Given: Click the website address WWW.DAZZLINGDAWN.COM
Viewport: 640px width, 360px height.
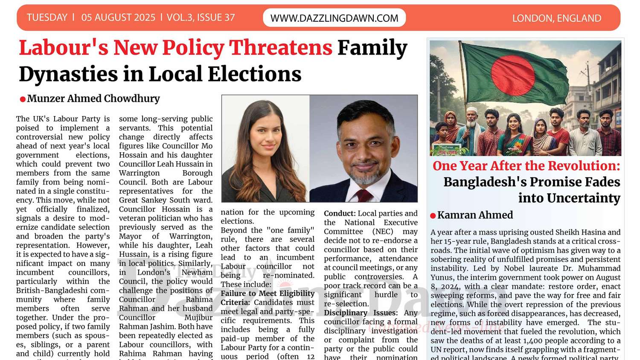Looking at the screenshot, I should tap(334, 18).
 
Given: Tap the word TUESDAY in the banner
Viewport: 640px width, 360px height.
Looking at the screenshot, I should tap(47, 17).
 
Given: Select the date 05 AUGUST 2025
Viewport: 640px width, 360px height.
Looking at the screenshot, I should tap(118, 17).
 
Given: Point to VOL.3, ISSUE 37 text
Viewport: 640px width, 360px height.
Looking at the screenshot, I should tap(201, 17).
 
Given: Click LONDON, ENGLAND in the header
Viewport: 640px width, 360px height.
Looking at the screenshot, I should tap(556, 18).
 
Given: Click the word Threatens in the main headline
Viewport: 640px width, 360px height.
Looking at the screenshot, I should tap(280, 47).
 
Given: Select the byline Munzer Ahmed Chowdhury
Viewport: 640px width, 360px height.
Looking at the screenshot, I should tap(93, 99).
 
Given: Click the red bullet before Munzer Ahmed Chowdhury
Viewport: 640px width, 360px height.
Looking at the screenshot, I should tap(23, 99).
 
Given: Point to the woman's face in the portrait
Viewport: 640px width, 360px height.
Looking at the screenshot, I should tap(267, 132).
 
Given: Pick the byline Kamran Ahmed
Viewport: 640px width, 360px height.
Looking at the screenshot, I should tap(475, 215).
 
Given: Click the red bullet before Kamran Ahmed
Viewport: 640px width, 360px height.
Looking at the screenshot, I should tap(433, 216).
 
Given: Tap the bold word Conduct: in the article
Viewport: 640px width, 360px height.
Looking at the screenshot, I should tap(340, 213).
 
